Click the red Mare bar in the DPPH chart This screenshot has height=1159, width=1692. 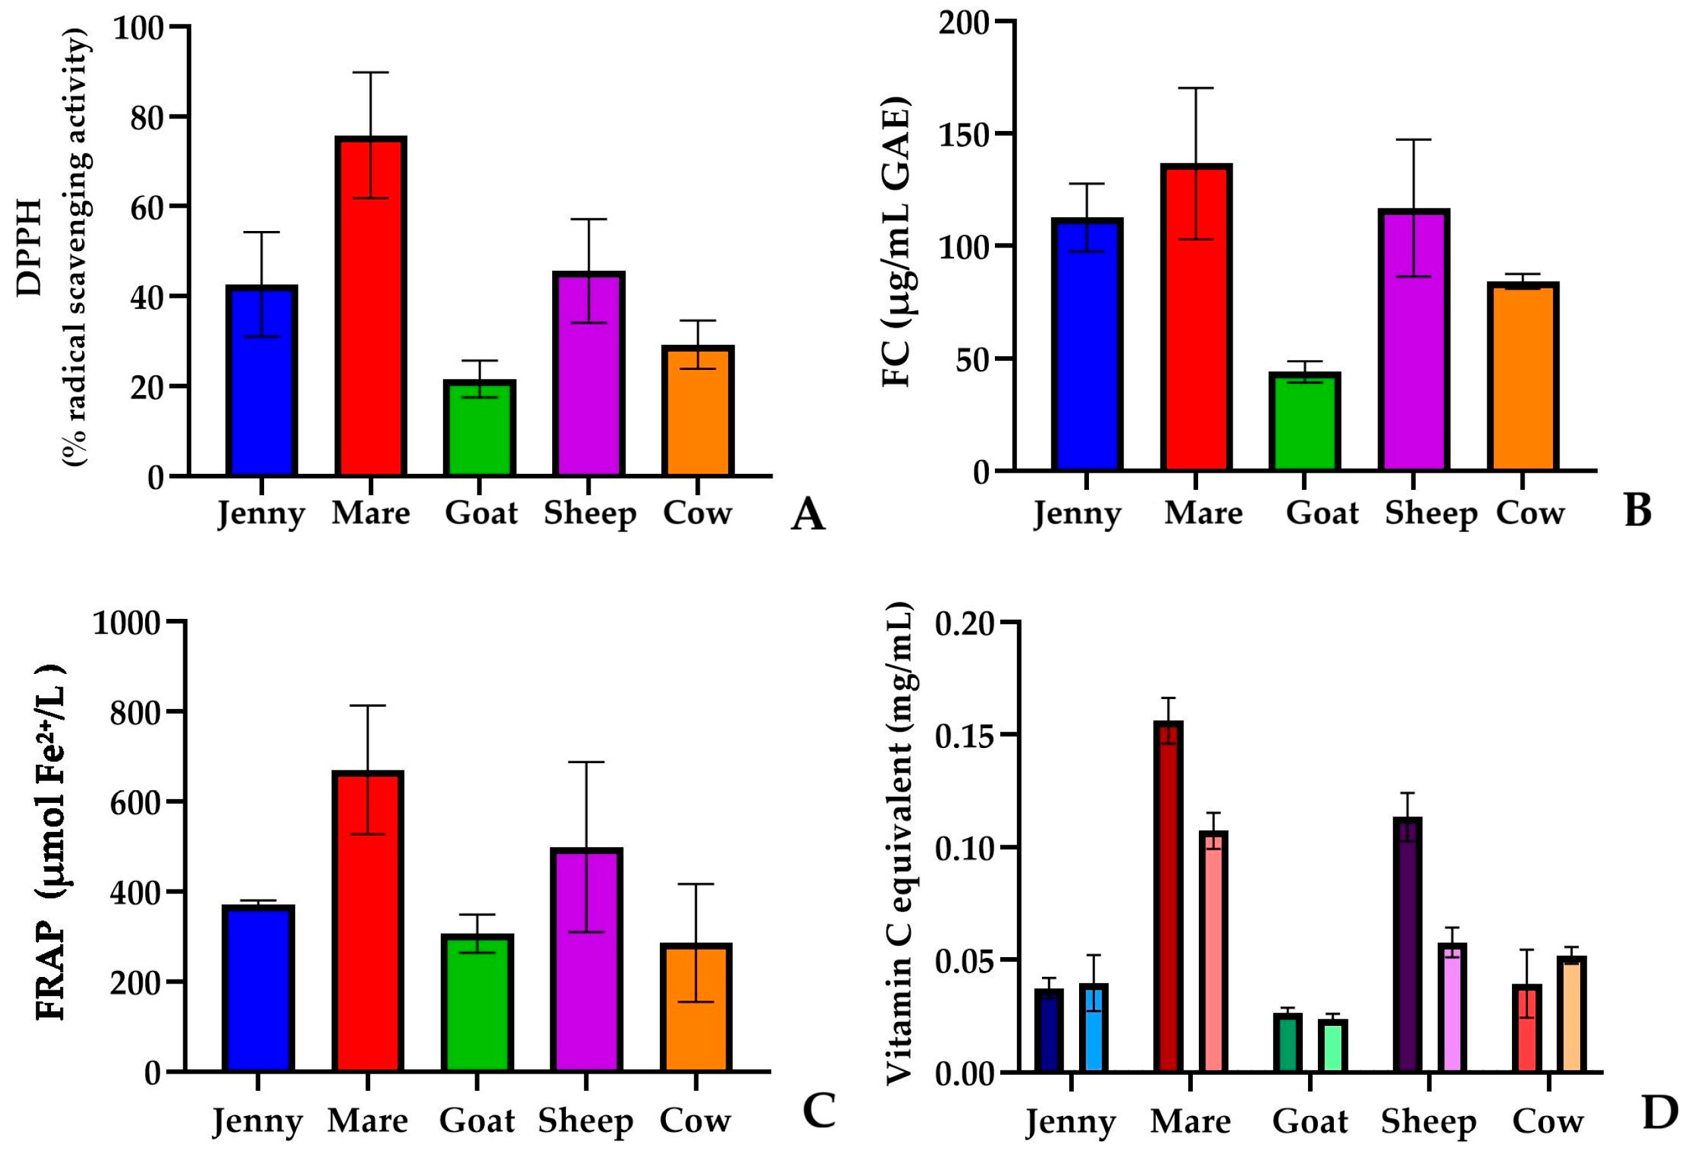click(x=371, y=306)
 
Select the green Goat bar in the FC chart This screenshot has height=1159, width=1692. click(x=1304, y=422)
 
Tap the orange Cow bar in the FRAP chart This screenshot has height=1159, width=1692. click(x=696, y=1007)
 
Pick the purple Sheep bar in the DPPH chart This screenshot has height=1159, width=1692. click(x=588, y=374)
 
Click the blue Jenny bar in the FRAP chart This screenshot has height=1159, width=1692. click(x=258, y=989)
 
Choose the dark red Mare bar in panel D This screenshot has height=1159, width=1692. click(x=1168, y=896)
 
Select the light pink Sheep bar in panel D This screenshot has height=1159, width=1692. click(x=1452, y=1007)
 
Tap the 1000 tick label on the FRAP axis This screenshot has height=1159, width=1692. click(x=126, y=622)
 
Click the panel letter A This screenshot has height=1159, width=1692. click(x=808, y=514)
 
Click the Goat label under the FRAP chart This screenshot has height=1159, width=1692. click(x=477, y=1120)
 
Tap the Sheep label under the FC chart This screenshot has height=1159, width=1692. click(x=1431, y=513)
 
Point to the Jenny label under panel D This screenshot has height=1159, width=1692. click(x=1070, y=1122)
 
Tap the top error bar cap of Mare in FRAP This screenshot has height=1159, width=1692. click(x=367, y=706)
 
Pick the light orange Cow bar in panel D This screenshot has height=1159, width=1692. click(x=1571, y=1014)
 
